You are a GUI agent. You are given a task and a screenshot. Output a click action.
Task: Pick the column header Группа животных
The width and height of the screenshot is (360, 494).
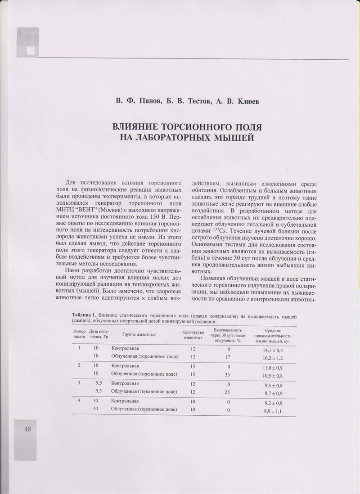tap(139, 335)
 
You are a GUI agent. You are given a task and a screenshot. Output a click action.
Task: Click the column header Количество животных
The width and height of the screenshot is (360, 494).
tap(193, 335)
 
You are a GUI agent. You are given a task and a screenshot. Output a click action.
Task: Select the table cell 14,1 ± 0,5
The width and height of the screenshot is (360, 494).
tap(273, 350)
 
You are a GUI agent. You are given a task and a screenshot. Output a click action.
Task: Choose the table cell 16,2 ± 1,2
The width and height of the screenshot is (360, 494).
tap(273, 359)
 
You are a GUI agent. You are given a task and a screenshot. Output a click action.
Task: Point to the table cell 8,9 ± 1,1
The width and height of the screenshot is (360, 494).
tap(273, 411)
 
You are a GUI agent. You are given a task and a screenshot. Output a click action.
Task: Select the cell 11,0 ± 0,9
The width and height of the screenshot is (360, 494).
tap(273, 368)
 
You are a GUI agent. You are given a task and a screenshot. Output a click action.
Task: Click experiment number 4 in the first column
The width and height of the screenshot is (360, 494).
tap(79, 400)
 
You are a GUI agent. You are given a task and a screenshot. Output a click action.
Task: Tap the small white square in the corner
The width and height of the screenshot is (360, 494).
tap(30, 51)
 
